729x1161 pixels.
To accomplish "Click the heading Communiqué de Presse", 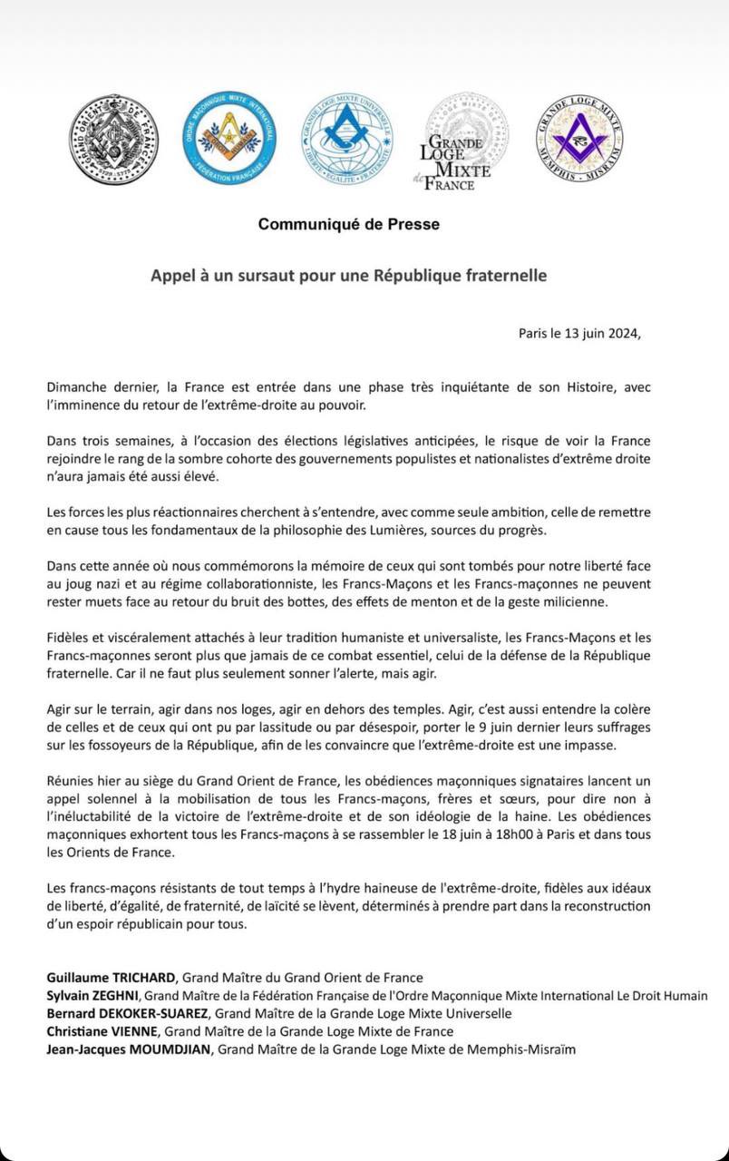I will tap(349, 224).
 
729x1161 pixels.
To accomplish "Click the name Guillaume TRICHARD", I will tap(112, 977).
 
